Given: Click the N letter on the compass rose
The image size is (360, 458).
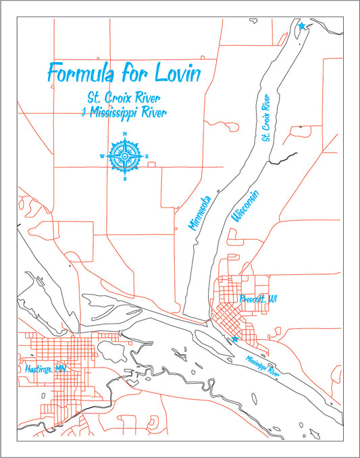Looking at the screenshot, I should pyautogui.click(x=125, y=134).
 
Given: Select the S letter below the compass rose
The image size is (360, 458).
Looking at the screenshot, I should pyautogui.click(x=125, y=180).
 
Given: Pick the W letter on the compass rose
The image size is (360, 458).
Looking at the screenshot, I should pyautogui.click(x=102, y=157).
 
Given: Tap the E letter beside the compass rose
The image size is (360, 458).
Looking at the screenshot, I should pyautogui.click(x=147, y=157).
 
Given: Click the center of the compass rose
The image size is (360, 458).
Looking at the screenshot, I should pyautogui.click(x=125, y=157).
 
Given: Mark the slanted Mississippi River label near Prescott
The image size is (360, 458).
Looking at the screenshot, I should pyautogui.click(x=262, y=365).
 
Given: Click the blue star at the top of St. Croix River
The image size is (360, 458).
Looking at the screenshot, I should pyautogui.click(x=301, y=26).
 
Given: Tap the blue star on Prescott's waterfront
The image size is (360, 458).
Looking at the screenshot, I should pyautogui.click(x=234, y=339).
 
